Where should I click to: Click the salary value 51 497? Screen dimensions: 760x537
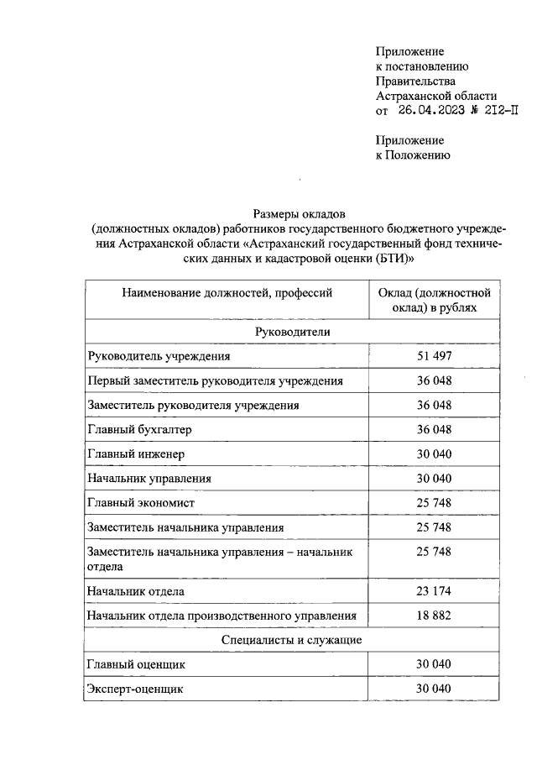point(434,356)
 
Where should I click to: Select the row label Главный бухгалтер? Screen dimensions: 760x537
point(139,429)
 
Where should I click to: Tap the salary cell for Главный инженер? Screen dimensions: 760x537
point(434,453)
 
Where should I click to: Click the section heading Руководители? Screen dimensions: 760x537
point(293,332)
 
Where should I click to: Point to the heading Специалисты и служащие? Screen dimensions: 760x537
point(292,640)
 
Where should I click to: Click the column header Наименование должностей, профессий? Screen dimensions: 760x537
point(227,293)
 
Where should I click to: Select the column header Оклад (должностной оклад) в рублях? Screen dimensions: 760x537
point(434,301)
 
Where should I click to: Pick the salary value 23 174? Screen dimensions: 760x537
point(434,591)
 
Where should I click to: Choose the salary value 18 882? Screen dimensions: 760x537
point(434,616)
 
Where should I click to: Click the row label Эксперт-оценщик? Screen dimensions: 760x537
point(135,689)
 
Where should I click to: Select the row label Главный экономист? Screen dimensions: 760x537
point(141,502)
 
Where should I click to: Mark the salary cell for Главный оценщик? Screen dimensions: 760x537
point(434,664)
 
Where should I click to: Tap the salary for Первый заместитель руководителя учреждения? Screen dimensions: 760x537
point(434,380)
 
